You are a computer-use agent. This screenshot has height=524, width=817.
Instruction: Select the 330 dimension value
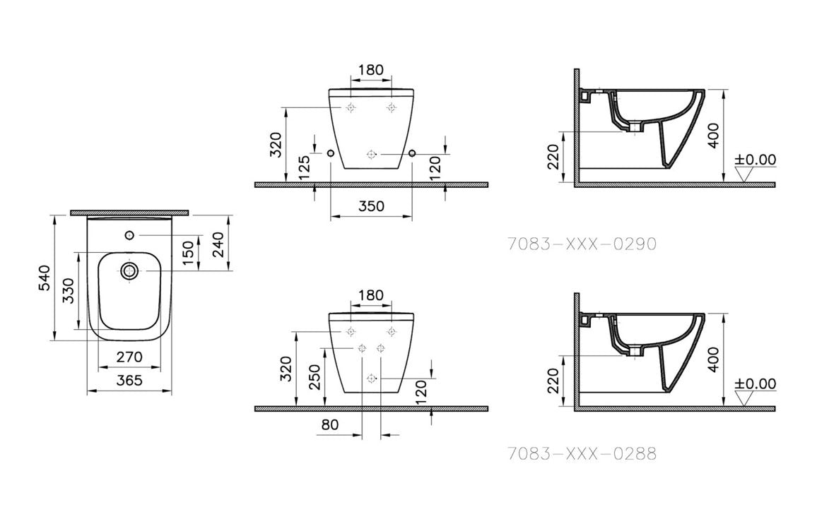68,290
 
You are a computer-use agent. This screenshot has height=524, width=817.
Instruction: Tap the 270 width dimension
129,357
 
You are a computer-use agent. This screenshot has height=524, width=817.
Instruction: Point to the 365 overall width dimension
129,381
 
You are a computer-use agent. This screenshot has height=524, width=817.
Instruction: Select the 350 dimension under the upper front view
371,206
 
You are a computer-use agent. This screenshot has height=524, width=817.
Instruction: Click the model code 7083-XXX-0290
582,244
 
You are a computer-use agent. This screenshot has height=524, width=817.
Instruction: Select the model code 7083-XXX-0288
582,453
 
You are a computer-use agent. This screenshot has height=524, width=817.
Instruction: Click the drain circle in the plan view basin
129,270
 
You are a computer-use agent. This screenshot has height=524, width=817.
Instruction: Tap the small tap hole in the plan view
129,234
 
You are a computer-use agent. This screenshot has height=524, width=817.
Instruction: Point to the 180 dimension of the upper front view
371,70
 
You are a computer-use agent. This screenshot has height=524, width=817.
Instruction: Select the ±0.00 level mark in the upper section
755,160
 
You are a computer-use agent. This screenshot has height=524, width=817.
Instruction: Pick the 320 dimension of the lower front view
286,369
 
